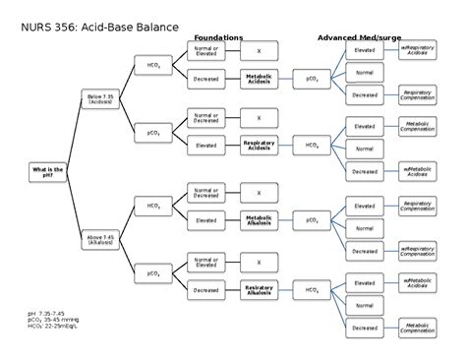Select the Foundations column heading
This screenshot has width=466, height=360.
click(x=217, y=37)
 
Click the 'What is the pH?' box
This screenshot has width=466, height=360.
click(x=47, y=172)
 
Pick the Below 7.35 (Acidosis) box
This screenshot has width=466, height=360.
click(x=100, y=98)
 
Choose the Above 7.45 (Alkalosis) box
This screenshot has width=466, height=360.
click(x=100, y=238)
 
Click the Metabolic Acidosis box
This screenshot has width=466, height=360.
click(x=259, y=79)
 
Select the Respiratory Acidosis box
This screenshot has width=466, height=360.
click(x=259, y=145)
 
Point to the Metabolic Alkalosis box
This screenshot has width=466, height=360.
click(x=259, y=219)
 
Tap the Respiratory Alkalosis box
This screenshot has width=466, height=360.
click(x=259, y=290)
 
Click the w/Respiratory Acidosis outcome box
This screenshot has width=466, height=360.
click(x=418, y=50)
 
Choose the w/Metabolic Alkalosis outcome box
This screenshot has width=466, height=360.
click(x=418, y=283)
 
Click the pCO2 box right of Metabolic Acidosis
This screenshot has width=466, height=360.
click(x=311, y=79)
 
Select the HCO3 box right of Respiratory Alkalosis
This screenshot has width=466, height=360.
click(x=311, y=290)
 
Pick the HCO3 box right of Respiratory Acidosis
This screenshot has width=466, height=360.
click(x=311, y=145)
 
